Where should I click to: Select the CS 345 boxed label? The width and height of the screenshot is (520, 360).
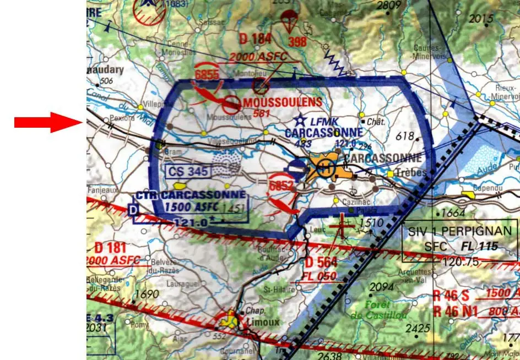coord(188,171)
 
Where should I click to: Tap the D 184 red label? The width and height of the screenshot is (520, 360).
coord(256,39)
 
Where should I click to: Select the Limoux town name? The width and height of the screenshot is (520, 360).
coord(263,322)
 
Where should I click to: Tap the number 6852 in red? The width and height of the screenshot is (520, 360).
coord(281,186)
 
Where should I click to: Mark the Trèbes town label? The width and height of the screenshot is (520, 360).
coord(410,173)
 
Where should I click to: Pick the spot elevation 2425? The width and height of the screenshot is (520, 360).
coord(417,329)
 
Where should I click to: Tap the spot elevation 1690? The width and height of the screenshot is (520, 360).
coord(147,294)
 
